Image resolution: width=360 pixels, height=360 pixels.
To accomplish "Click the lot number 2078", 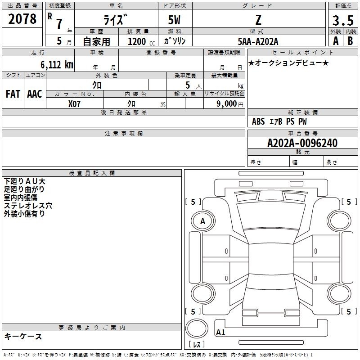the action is click(22, 19).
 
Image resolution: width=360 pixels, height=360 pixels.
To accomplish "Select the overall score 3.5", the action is click(343, 20).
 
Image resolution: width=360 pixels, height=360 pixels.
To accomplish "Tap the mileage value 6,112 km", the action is click(57, 65).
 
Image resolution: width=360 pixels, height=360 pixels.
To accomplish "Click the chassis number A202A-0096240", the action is click(302, 143).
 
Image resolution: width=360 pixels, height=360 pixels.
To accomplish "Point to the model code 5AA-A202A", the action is click(258, 41).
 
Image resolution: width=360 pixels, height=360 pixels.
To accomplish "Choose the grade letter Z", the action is click(258, 20).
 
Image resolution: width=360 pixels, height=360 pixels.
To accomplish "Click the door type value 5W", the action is click(174, 20).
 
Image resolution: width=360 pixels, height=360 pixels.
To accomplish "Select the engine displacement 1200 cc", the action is click(141, 42).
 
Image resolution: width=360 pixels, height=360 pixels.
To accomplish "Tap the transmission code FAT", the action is click(13, 94).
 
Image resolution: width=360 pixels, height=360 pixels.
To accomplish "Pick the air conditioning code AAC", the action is click(35, 94).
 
